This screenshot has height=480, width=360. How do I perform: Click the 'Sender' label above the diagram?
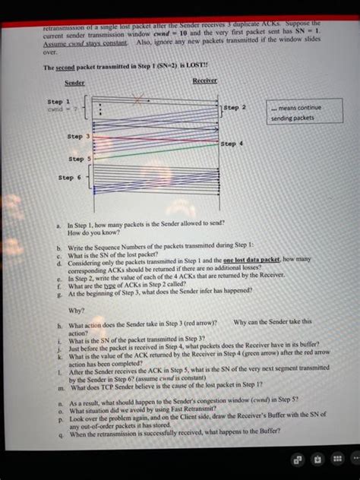(74, 82)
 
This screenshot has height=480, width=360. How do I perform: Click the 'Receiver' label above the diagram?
(205, 80)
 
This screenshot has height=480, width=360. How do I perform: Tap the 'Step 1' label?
(59, 100)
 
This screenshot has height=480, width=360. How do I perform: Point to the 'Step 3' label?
(79, 136)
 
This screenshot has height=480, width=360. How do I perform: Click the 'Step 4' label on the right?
(232, 143)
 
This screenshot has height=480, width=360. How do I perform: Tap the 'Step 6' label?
(71, 177)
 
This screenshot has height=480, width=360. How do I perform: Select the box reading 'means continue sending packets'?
(295, 112)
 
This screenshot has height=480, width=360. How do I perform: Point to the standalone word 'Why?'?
(77, 310)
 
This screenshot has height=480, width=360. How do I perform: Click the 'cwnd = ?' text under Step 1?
(58, 108)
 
